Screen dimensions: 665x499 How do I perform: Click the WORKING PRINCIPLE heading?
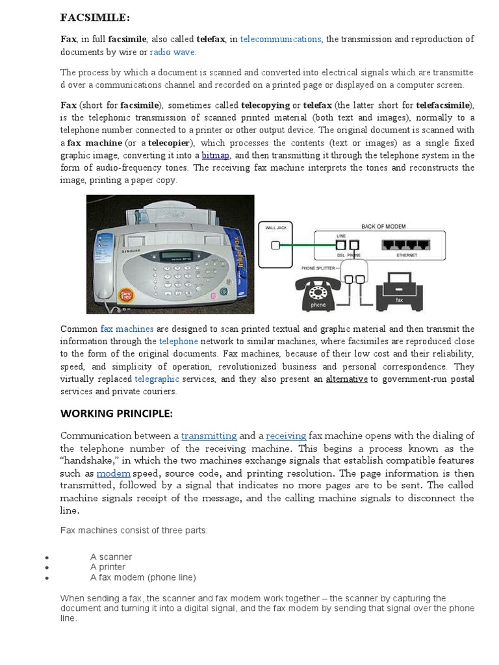pos(117,413)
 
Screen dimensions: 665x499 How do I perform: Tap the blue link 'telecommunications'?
pos(280,39)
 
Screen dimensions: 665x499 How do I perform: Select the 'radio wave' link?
pos(172,52)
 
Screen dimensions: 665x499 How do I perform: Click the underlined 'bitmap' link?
pos(215,155)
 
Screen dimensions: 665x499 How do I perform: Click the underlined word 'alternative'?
pos(346,379)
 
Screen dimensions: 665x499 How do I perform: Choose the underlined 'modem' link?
pos(114,473)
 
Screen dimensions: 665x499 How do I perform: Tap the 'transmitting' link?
pos(209,436)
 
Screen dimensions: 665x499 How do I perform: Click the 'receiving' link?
pos(286,436)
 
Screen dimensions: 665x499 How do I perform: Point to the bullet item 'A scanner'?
pos(111,557)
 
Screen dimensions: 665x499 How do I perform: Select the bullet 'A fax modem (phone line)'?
pos(143,577)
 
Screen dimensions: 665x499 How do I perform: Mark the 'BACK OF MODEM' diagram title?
pos(383,226)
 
